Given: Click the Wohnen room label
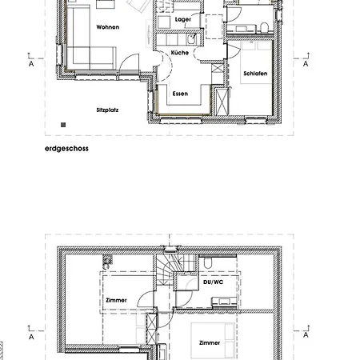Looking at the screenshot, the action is coord(108,27).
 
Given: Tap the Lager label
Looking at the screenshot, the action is coord(183,19).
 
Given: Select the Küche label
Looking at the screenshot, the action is coord(180,53).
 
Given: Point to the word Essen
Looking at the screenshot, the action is coord(180,94).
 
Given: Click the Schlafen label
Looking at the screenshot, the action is coord(255,74).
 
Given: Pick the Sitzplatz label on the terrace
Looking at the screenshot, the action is coord(107,110).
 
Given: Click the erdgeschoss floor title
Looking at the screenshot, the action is coord(66,149).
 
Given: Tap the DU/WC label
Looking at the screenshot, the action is coord(213,282).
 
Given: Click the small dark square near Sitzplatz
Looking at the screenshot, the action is coord(63,125).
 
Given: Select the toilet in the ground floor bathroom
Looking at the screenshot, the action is coord(264,27).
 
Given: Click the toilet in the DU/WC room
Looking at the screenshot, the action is coord(208,262).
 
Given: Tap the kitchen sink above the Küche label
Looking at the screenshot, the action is coord(191,39).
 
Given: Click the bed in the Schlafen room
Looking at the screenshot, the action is coord(256,62).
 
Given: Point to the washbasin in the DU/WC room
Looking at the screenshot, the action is coord(224,302).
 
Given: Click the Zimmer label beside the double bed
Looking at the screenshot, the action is coord(210,342).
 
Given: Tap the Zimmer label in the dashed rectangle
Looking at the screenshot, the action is coord(116,300).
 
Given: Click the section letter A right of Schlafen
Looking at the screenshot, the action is coord(306,64).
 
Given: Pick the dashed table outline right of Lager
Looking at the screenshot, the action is coord(214,26).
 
